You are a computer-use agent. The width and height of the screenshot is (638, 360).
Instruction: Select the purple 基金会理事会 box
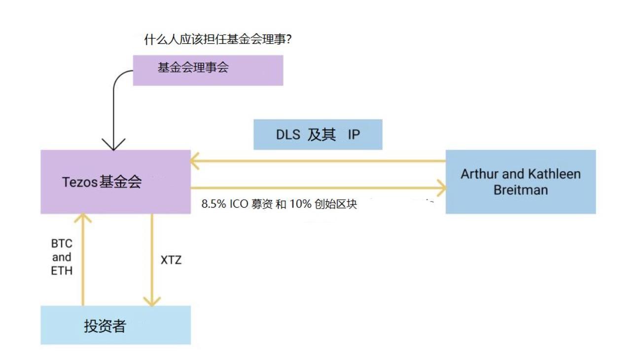[x=208, y=70]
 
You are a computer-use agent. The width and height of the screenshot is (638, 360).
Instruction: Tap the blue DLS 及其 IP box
[x=318, y=134]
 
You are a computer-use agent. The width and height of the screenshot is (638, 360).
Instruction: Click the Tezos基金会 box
[x=115, y=182]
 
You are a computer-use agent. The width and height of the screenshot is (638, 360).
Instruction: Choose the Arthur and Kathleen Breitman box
[x=520, y=181]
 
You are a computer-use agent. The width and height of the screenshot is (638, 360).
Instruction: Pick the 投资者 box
[x=115, y=325]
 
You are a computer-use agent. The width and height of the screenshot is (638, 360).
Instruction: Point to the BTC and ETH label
[x=62, y=257]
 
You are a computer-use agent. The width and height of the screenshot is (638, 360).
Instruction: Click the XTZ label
[x=171, y=260]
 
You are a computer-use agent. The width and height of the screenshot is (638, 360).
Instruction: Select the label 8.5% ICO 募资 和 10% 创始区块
[x=279, y=204]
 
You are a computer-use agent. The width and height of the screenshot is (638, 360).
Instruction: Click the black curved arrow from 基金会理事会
[x=115, y=99]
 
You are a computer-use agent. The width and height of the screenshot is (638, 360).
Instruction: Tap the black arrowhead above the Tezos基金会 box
[x=113, y=145]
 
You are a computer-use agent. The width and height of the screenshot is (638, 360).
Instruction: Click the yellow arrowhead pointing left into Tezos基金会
[x=195, y=161]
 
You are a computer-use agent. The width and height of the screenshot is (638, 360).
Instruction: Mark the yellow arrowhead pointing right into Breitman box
[x=441, y=188]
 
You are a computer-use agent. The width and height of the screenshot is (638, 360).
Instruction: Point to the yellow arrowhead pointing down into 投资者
[x=152, y=301]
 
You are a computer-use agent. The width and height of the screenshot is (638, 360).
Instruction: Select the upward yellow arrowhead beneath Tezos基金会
[x=83, y=218]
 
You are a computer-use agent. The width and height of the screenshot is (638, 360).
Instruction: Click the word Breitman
[x=520, y=190]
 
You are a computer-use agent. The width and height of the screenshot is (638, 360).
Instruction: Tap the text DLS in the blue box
[x=287, y=134]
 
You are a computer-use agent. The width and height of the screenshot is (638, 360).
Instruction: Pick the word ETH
[x=62, y=271]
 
